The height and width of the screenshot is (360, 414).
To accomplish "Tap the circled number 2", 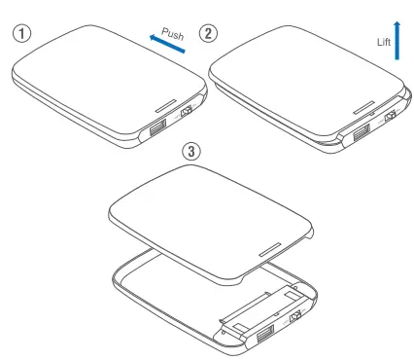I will coord(207,31).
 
